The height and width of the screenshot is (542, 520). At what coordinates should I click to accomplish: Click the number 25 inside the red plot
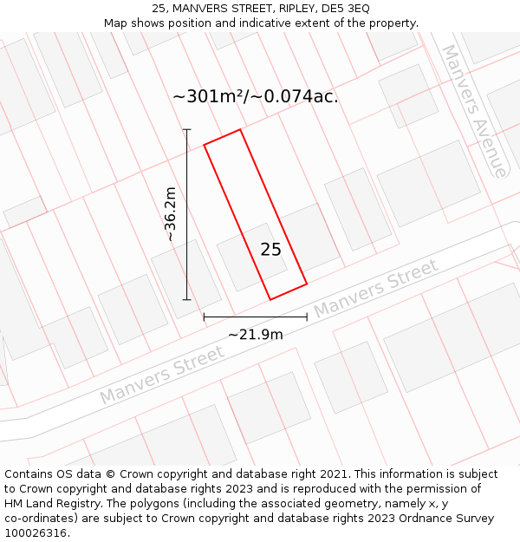(x=270, y=250)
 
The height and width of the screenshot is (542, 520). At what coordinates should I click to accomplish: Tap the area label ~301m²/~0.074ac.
(x=256, y=96)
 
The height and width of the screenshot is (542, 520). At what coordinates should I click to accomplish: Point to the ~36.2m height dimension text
(x=170, y=214)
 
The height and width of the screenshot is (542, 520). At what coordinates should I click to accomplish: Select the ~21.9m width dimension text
(x=256, y=335)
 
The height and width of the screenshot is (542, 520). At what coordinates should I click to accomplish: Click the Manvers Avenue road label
(x=474, y=110)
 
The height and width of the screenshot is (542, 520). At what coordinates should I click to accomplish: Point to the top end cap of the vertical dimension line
(x=186, y=130)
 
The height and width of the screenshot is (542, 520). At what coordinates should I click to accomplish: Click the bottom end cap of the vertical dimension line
(x=186, y=300)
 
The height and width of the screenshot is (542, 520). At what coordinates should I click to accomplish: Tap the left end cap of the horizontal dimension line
(x=204, y=317)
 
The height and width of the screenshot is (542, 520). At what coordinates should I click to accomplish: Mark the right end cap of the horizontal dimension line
(x=307, y=317)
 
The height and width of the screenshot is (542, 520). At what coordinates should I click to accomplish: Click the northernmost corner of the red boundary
(x=240, y=129)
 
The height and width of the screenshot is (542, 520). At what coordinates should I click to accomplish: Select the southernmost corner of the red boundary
(x=270, y=300)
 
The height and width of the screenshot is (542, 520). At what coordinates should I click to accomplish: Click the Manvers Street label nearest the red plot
(x=375, y=291)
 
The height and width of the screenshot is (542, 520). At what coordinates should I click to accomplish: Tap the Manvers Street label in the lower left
(x=162, y=375)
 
